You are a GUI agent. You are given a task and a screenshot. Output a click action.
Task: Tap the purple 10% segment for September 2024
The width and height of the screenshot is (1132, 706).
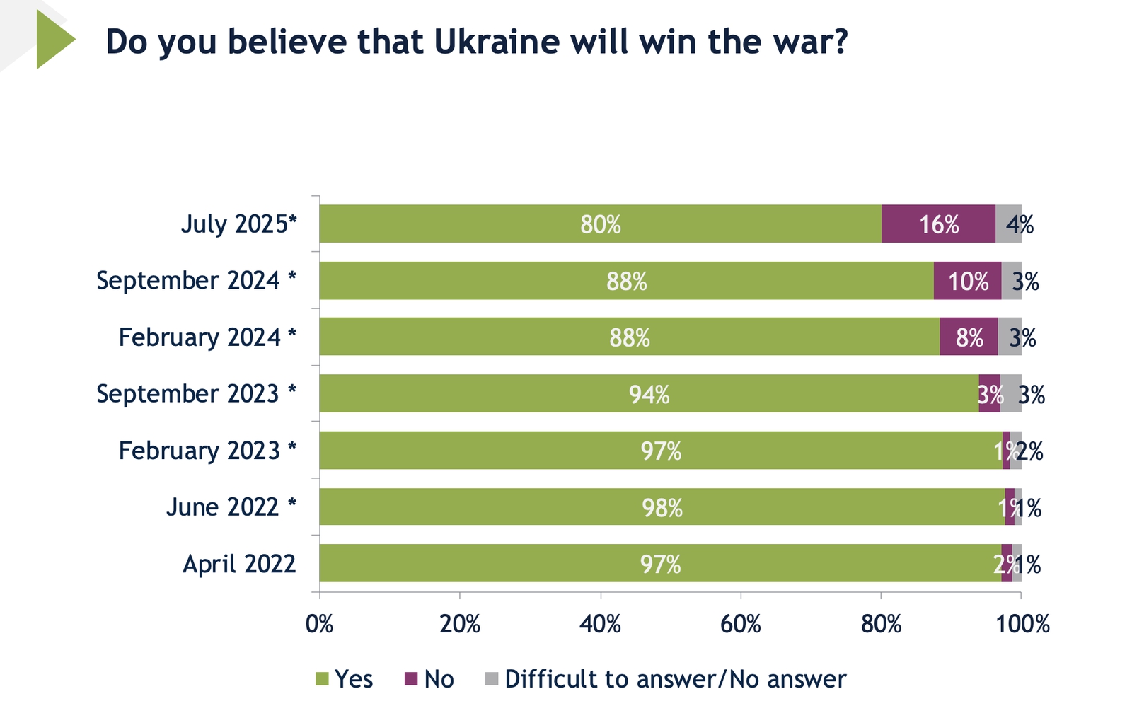click(x=967, y=282)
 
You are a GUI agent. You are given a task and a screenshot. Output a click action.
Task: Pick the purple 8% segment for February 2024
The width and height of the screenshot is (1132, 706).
click(x=969, y=337)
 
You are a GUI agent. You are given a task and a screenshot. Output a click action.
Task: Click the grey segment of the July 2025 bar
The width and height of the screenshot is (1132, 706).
click(x=1008, y=224)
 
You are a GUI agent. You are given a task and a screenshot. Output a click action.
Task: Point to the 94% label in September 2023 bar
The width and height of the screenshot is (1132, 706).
click(x=649, y=394)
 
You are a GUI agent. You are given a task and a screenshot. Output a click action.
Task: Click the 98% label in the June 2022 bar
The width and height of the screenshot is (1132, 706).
click(x=662, y=508)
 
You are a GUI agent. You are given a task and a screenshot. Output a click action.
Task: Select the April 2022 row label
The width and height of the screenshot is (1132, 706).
click(x=239, y=564)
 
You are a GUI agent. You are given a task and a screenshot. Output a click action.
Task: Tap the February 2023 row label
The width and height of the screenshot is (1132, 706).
click(x=207, y=451)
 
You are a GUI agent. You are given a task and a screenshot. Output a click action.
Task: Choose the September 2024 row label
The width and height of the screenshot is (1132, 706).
click(x=196, y=281)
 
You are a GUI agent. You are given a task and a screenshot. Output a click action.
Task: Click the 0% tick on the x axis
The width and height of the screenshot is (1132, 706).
click(x=319, y=624)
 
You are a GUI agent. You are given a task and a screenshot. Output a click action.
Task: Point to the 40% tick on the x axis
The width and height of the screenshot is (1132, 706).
click(x=600, y=624)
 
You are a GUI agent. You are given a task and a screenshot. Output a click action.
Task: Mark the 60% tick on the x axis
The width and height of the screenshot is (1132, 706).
click(x=740, y=624)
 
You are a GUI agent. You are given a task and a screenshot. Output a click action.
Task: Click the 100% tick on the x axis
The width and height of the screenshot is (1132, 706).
click(x=1022, y=624)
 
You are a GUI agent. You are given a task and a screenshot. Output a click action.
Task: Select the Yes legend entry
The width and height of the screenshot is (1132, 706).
click(x=345, y=679)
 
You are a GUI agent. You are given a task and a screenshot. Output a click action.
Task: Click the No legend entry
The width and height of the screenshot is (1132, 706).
click(x=429, y=679)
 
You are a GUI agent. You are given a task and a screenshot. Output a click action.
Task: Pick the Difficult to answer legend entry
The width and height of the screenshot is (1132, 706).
click(x=666, y=679)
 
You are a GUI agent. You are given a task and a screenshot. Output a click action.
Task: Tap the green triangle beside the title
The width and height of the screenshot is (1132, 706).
click(x=53, y=40)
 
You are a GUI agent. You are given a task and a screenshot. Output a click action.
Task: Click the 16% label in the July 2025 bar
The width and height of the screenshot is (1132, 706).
click(x=939, y=225)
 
